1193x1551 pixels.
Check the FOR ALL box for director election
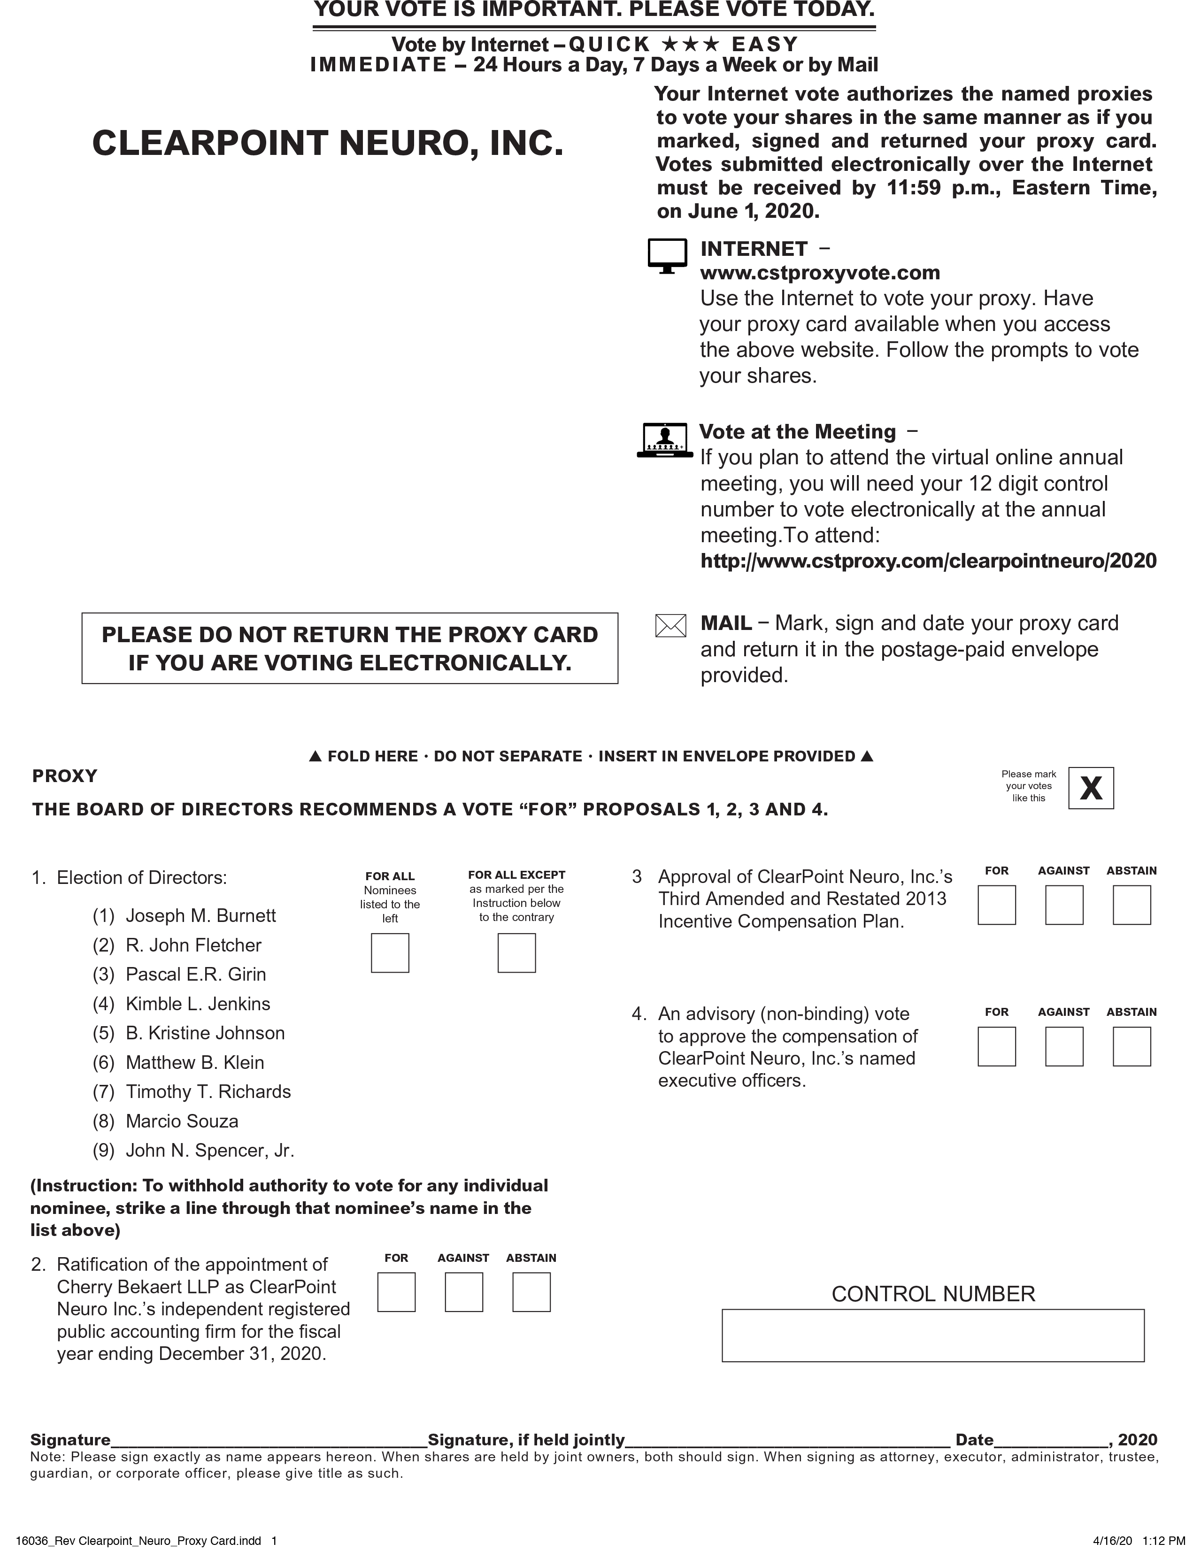click(x=390, y=952)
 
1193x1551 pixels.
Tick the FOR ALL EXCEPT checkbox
click(x=516, y=952)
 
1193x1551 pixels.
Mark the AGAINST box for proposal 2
click(x=464, y=1292)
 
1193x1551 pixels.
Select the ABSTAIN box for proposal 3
click(x=1131, y=905)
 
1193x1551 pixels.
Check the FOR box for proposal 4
click(x=996, y=1046)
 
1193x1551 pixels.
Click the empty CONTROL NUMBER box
click(x=932, y=1335)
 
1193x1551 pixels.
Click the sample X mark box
click(x=1091, y=788)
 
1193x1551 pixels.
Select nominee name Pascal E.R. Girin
click(x=195, y=974)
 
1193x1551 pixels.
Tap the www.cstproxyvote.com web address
click(x=819, y=273)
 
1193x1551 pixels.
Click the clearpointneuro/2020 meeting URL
click(x=928, y=561)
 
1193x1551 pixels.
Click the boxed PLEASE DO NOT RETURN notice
click(x=349, y=648)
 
